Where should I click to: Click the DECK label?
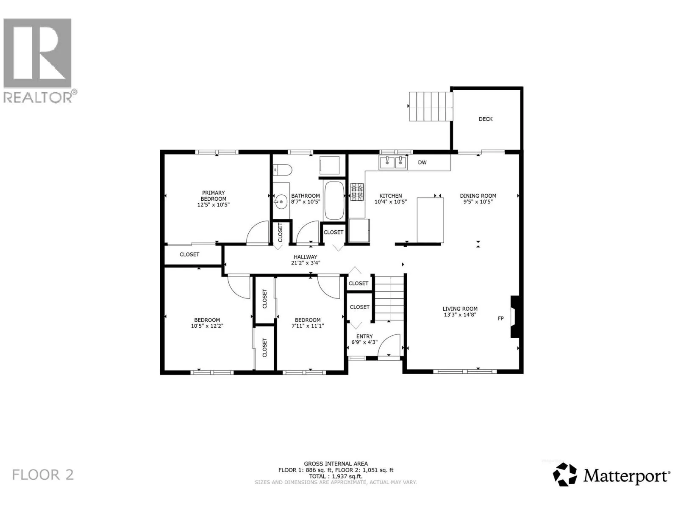[485, 119]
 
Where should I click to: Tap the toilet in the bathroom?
[283, 170]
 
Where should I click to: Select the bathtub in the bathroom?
[334, 200]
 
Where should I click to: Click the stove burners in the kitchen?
[357, 192]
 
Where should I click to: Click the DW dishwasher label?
[422, 163]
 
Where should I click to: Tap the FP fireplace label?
[501, 318]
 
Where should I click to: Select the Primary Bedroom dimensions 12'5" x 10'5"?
[214, 204]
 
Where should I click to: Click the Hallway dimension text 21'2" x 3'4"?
[306, 263]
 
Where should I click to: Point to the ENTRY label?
[364, 336]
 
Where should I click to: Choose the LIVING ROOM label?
[460, 309]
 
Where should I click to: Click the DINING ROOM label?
[478, 196]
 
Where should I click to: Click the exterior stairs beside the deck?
[431, 106]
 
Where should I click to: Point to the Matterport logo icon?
[564, 475]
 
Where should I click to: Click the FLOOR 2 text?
[43, 475]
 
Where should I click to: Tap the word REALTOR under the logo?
[38, 97]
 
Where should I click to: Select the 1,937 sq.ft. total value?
[347, 476]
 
